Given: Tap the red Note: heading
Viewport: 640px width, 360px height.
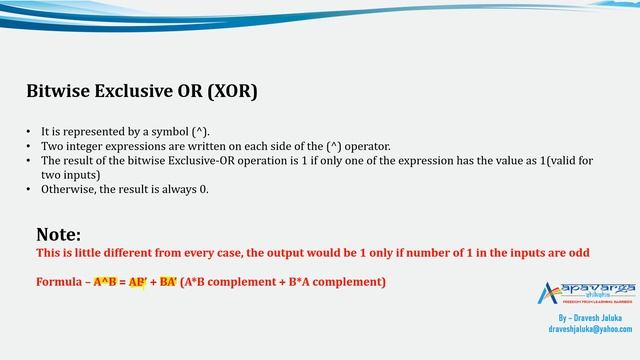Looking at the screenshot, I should tap(58, 235).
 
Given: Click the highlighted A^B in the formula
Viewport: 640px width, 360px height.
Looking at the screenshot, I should tap(105, 282).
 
